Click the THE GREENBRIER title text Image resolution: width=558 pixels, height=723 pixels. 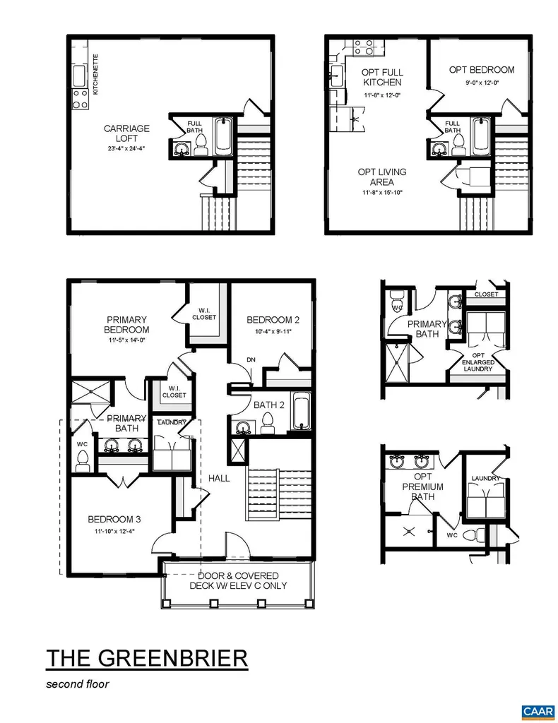(147, 658)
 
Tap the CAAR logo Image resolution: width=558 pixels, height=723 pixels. (538, 710)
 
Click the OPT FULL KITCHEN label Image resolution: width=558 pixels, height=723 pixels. (381, 77)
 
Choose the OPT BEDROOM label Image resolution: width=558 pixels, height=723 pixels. (482, 70)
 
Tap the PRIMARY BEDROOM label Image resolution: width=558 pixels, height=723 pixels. (127, 324)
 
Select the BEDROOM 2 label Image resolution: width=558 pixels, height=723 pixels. (268, 319)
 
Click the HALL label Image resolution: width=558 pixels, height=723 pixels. (219, 478)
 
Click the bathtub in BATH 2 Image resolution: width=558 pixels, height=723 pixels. (300, 412)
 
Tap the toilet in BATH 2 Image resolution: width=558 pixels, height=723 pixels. (268, 422)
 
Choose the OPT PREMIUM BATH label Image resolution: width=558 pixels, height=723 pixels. (423, 487)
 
